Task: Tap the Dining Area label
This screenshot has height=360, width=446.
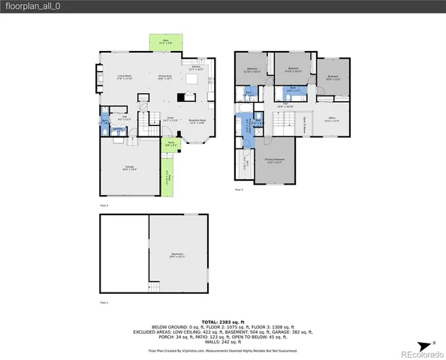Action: [164, 76]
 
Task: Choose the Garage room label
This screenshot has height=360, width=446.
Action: [129, 169]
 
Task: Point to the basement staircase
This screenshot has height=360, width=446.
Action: [155, 288]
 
